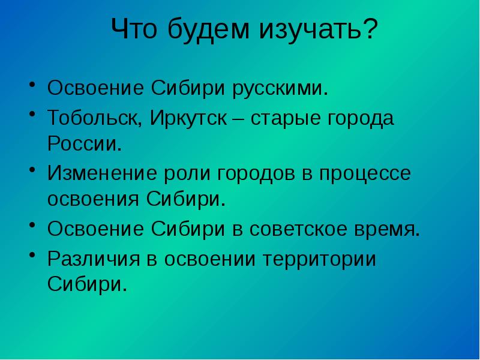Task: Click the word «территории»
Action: point(324,259)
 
